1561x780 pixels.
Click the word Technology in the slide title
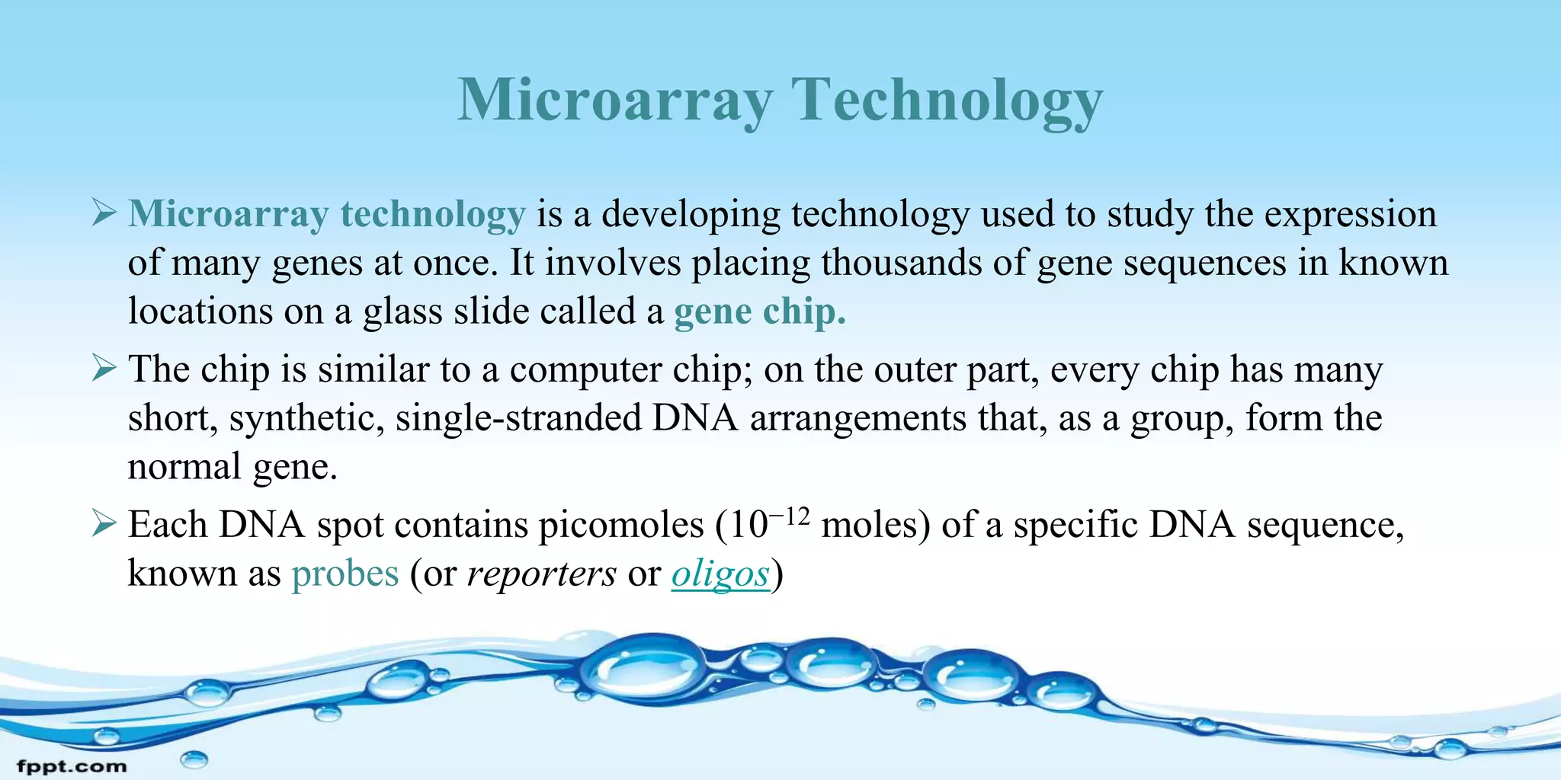[x=947, y=101]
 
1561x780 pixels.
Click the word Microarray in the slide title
[x=614, y=101]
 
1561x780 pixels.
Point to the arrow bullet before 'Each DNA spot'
[x=104, y=524]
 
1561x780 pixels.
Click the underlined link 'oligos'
[x=720, y=574]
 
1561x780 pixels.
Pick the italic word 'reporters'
[x=541, y=574]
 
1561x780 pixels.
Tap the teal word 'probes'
[x=345, y=574]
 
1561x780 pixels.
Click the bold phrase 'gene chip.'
[x=760, y=312]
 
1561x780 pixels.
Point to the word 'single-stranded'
[x=518, y=418]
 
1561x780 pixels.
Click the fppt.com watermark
[x=72, y=766]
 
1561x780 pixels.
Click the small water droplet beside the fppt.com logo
[x=194, y=759]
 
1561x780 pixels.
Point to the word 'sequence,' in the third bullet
[x=1325, y=526]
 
